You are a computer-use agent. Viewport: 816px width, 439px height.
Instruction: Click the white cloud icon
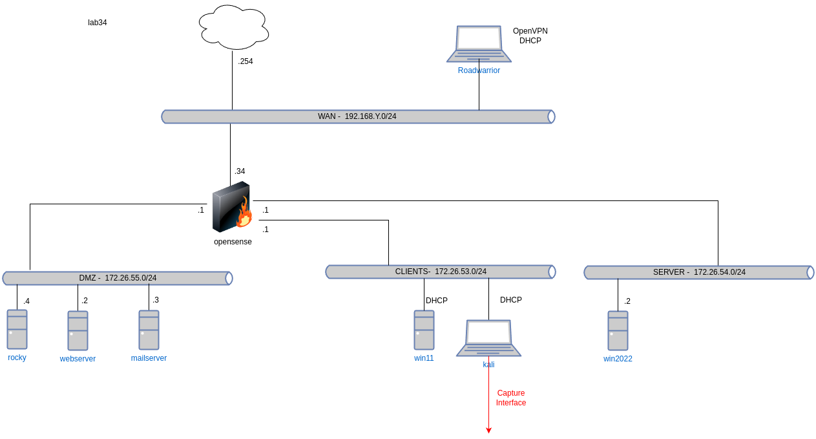point(234,27)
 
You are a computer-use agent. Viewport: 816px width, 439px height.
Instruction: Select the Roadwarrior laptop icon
point(479,44)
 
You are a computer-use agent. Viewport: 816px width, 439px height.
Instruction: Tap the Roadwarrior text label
point(479,70)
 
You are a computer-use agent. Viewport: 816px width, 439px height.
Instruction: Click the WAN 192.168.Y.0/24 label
point(357,116)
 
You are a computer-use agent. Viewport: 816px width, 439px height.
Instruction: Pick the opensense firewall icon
point(232,207)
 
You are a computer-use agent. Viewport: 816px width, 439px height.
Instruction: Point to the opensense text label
point(233,242)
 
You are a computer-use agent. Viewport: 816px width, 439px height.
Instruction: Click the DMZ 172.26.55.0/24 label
point(118,278)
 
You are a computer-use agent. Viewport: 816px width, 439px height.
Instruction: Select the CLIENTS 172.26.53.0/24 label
point(441,272)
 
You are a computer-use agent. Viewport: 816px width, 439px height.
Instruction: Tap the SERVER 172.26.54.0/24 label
point(699,272)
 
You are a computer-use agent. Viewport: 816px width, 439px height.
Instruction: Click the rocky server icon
point(17,329)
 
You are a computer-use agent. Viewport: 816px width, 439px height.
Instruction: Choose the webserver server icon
point(78,330)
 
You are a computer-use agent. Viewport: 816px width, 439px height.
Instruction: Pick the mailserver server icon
point(149,330)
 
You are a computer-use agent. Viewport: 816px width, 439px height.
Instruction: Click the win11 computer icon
point(424,330)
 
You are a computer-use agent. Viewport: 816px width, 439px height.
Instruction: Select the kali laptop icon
point(488,337)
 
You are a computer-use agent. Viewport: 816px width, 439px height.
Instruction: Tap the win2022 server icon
point(618,330)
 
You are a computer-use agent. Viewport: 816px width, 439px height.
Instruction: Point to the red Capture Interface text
point(511,398)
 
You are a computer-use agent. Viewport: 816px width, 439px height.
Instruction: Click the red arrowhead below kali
point(488,430)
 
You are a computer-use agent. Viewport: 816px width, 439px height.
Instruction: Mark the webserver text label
point(78,359)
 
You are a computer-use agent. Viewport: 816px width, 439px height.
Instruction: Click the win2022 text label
point(618,359)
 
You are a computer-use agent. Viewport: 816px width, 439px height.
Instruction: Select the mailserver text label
point(149,358)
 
